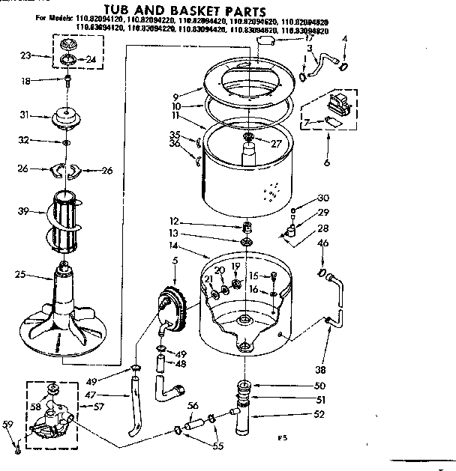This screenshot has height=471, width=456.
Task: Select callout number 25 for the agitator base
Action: tap(19, 276)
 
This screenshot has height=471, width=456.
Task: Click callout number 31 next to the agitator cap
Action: tap(23, 115)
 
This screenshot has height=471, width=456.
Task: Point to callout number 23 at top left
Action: tap(25, 55)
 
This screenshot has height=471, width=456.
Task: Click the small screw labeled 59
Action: tap(17, 450)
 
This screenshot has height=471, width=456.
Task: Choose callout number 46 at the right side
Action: tap(323, 243)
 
